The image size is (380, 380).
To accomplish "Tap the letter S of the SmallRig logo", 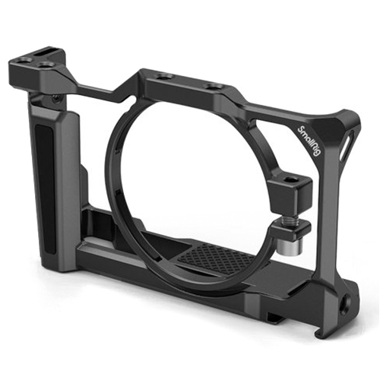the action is click(300, 128).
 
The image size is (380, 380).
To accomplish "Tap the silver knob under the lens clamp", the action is click(283, 245).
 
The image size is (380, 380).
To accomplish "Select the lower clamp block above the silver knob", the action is click(290, 230).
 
